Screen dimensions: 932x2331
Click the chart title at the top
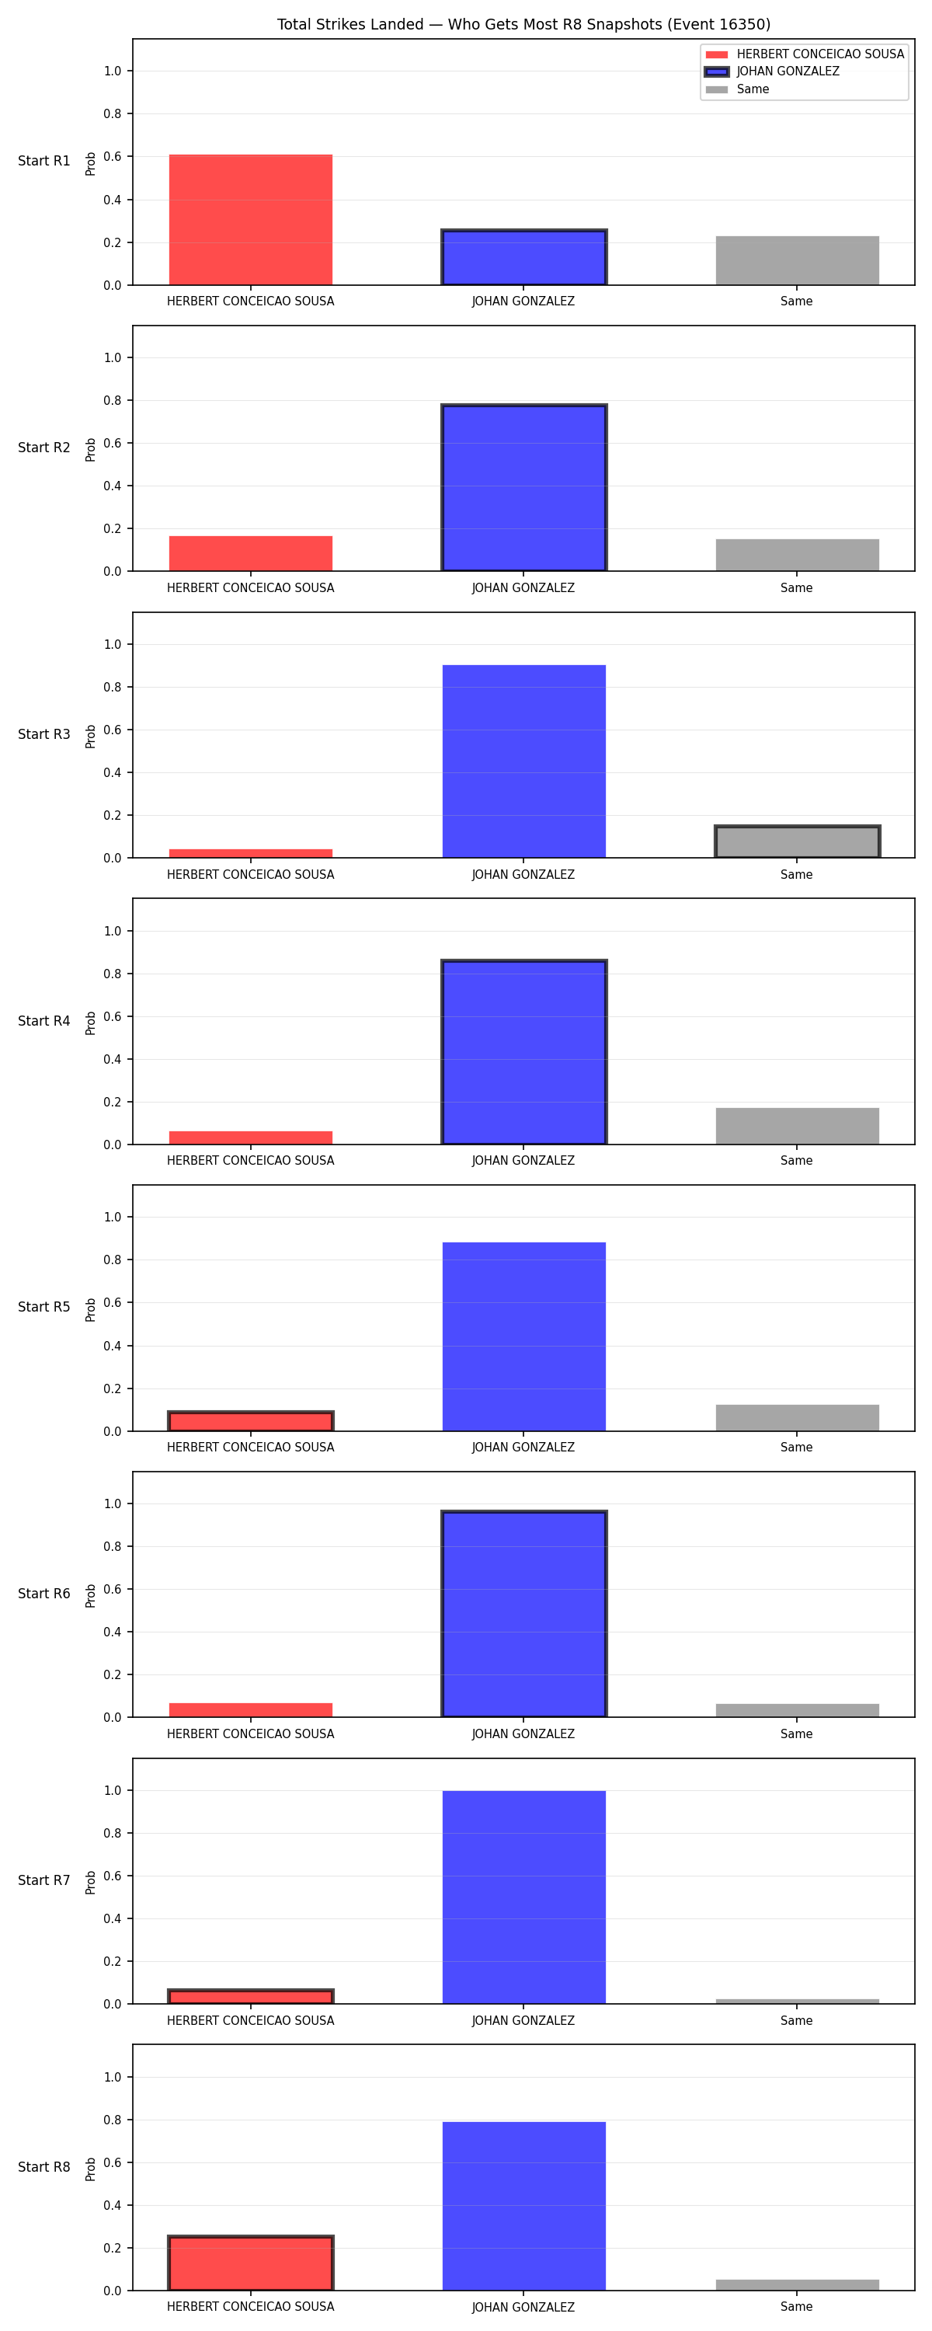click(x=523, y=24)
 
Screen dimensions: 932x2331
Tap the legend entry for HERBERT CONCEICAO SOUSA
click(x=805, y=54)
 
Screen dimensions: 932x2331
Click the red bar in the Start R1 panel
click(x=251, y=220)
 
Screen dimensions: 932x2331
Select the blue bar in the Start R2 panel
click(x=524, y=488)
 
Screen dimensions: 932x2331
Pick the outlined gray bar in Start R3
click(x=797, y=841)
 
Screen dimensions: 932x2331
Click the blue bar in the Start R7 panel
click(x=524, y=1897)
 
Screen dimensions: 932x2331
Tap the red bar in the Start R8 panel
click(x=251, y=2263)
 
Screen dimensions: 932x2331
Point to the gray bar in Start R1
click(x=797, y=260)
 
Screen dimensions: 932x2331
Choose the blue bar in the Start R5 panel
click(x=524, y=1336)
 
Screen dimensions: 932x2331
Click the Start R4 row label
click(x=44, y=1021)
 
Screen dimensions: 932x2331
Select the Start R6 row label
click(x=44, y=1594)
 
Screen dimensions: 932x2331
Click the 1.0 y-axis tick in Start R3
click(x=112, y=644)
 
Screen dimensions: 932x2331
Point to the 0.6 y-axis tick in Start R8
click(x=112, y=2162)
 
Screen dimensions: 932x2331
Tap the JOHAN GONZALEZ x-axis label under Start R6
click(x=523, y=1733)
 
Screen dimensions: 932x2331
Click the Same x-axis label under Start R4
click(x=796, y=1160)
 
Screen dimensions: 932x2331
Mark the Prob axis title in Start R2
click(x=91, y=450)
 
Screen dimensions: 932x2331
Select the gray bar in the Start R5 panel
click(x=797, y=1418)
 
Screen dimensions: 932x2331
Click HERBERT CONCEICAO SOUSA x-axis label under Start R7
click(x=251, y=2021)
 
